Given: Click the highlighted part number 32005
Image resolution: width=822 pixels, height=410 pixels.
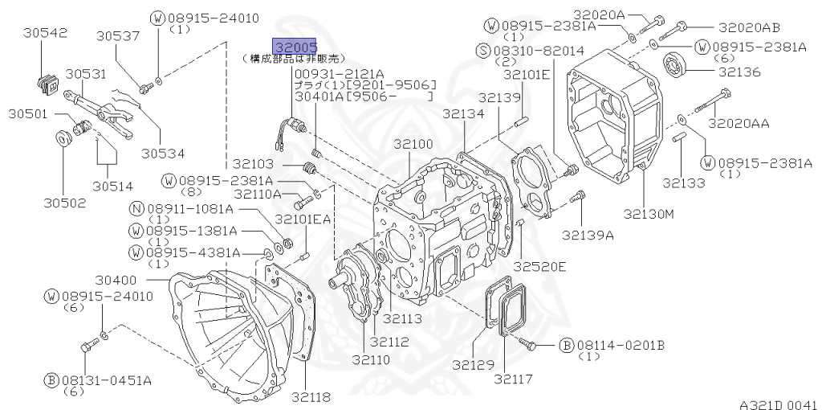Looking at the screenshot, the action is pos(295,47).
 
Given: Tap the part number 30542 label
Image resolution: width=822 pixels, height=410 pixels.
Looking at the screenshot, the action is pos(45,32).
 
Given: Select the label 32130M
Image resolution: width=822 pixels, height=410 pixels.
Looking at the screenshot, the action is pos(649,214).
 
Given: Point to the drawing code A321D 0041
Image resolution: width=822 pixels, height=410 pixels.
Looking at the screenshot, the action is pos(778,404).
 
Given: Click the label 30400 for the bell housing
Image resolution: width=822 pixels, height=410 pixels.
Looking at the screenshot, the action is pos(116,281).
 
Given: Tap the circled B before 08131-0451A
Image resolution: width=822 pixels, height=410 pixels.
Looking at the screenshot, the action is pos(51,379).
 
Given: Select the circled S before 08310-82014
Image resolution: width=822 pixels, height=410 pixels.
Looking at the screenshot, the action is pos(482,51).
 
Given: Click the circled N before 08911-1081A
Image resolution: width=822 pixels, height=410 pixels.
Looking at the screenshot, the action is pos(136,208).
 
